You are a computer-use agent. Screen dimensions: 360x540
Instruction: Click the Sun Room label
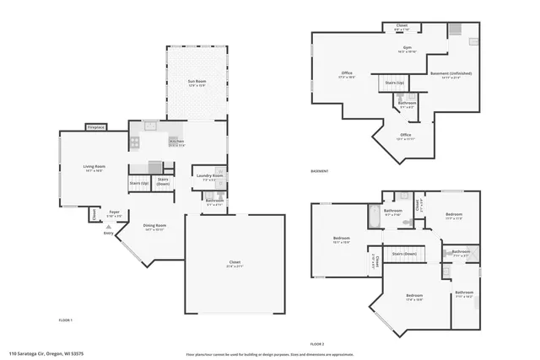click(x=196, y=83)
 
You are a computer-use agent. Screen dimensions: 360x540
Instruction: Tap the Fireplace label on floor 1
click(x=95, y=127)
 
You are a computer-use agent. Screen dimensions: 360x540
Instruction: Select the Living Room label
click(x=93, y=168)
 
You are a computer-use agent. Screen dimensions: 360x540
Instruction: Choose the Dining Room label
click(x=154, y=227)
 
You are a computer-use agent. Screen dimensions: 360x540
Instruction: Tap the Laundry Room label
click(x=211, y=176)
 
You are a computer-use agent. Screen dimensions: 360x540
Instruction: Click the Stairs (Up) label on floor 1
click(x=138, y=182)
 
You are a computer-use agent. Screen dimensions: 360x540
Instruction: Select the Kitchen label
click(x=176, y=142)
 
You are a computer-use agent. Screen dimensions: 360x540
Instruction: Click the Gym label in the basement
click(x=406, y=49)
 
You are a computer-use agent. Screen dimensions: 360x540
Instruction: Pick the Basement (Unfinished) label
click(x=451, y=74)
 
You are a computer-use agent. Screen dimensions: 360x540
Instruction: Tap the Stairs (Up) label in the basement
click(x=394, y=83)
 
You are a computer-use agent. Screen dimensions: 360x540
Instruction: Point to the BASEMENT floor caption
click(x=320, y=171)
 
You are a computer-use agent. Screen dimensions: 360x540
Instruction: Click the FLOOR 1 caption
click(x=66, y=320)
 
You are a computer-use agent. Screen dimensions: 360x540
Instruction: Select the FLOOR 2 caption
click(x=316, y=344)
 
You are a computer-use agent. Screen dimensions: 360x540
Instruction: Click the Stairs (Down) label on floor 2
click(x=405, y=254)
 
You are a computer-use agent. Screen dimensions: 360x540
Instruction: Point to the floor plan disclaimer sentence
click(x=269, y=353)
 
